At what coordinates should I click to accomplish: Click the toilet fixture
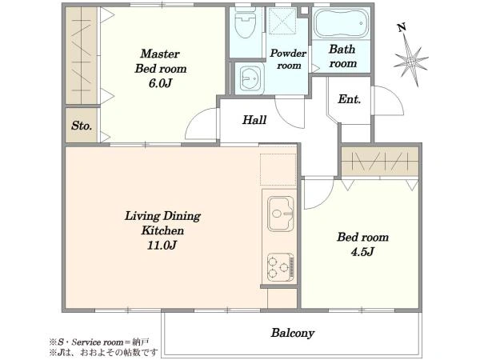pyautogui.click(x=245, y=22)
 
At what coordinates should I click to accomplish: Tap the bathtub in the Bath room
pyautogui.click(x=342, y=23)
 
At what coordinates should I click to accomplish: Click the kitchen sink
pyautogui.click(x=281, y=214)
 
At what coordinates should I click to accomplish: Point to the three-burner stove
pyautogui.click(x=281, y=266)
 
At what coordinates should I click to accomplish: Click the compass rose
pyautogui.click(x=411, y=62)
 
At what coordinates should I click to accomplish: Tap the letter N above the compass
pyautogui.click(x=402, y=27)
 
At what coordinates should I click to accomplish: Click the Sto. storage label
pyautogui.click(x=82, y=126)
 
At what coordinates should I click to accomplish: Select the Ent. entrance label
pyautogui.click(x=350, y=99)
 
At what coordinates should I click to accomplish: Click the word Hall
pyautogui.click(x=254, y=120)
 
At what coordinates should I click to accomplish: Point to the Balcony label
pyautogui.click(x=292, y=333)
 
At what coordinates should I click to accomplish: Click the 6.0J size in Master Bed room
pyautogui.click(x=160, y=83)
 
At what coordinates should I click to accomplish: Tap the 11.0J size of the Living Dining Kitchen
pyautogui.click(x=162, y=246)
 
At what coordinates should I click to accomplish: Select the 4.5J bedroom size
pyautogui.click(x=362, y=252)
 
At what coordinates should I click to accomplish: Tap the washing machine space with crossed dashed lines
pyautogui.click(x=282, y=20)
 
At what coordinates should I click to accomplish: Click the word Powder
pyautogui.click(x=288, y=54)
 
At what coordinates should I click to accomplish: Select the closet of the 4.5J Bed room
pyautogui.click(x=379, y=162)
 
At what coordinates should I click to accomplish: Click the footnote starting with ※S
pyautogui.click(x=99, y=342)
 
